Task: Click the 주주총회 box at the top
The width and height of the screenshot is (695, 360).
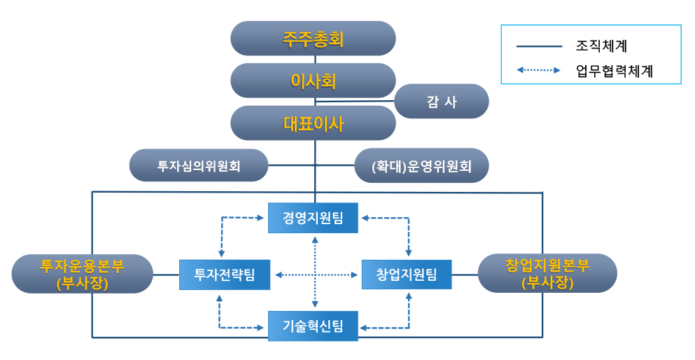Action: coord(313,39)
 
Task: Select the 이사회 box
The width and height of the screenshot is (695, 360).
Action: coord(313,81)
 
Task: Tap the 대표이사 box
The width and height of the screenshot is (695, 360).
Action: coord(313,123)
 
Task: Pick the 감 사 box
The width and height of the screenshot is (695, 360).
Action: coord(442,102)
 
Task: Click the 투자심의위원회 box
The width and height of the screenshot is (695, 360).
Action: coord(199,166)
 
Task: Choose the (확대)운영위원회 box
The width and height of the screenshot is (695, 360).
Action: coord(421,166)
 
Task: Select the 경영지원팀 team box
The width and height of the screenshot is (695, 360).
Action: coord(313,218)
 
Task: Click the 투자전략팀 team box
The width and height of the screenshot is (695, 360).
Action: coord(225,274)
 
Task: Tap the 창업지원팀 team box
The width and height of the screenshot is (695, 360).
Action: coord(406,274)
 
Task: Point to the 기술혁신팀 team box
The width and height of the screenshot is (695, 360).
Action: coord(313,326)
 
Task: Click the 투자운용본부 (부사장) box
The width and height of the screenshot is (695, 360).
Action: coord(83,274)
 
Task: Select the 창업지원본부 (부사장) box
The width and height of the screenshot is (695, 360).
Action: coord(547,274)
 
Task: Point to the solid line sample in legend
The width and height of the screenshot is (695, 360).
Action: coord(539,47)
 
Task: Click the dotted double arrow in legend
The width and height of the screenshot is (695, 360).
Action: coord(539,70)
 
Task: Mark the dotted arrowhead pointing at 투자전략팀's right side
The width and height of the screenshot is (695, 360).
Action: coord(277,275)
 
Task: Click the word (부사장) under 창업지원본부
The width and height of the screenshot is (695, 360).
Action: coord(547,283)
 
